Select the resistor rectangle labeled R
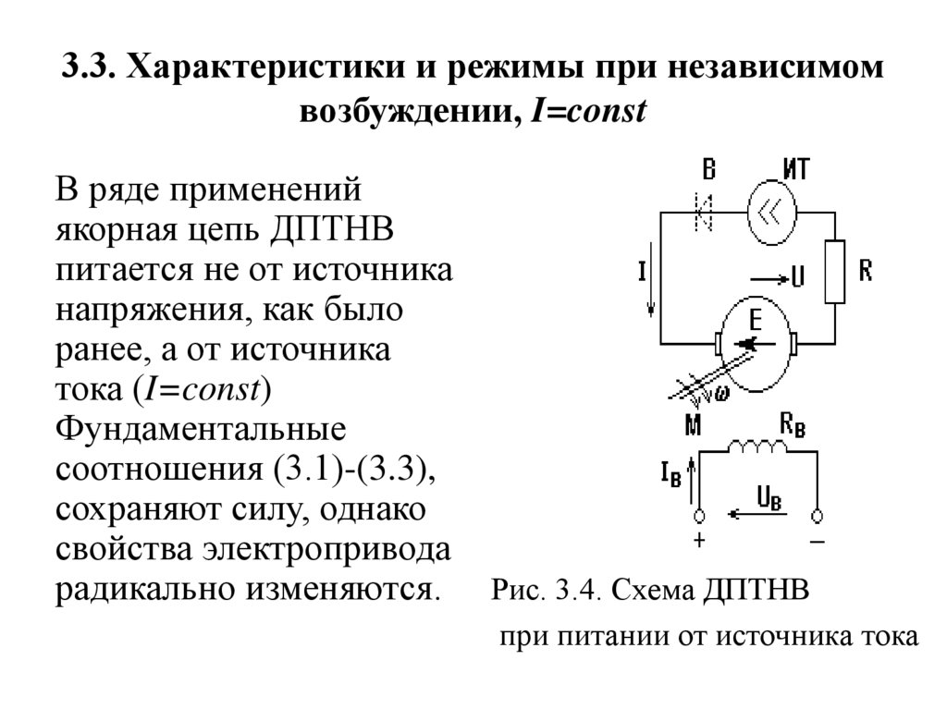834,271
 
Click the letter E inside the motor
754,320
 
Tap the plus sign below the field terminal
699,542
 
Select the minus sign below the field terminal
817,542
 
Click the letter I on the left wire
641,271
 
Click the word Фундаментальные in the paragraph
202,430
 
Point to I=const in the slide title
586,113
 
